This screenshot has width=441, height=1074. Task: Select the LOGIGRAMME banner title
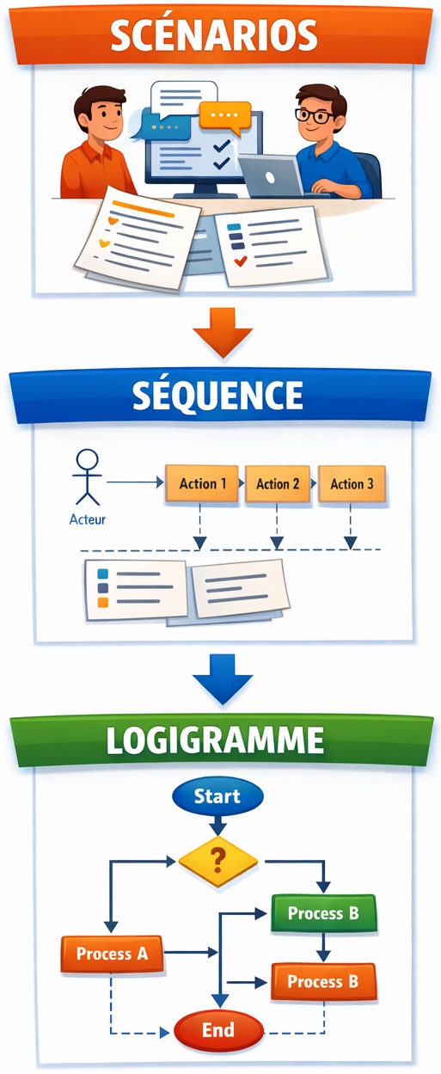tap(215, 740)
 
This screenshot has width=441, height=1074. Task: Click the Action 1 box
tap(202, 483)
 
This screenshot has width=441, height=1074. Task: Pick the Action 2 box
tap(277, 483)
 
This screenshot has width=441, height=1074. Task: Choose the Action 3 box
tap(352, 483)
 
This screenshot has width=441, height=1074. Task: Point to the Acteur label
tap(87, 519)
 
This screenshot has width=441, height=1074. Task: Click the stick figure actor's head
tap(88, 459)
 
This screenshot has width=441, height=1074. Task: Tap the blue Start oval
tap(217, 796)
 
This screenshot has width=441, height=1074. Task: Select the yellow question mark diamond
tap(218, 861)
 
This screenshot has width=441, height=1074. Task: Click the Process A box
tap(112, 954)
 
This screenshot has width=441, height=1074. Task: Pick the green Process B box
tap(323, 913)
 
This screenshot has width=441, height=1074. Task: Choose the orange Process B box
tap(323, 981)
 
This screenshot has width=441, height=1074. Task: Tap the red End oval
tap(218, 1030)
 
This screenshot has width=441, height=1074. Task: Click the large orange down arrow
tap(223, 332)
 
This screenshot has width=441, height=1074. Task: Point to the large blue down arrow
tap(223, 679)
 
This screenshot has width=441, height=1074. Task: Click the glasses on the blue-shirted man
tap(314, 115)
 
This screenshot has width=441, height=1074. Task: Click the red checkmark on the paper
tap(240, 261)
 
